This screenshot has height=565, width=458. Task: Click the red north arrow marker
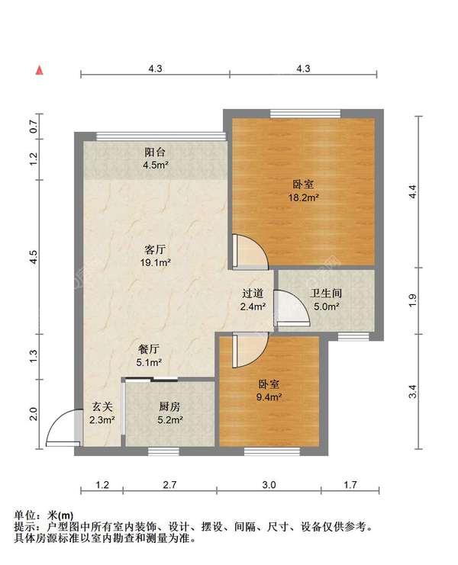tap(39, 70)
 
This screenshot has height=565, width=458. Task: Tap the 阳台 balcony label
tap(155, 152)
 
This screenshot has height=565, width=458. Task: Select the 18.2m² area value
tap(303, 197)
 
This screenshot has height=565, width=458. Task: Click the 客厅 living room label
tap(155, 249)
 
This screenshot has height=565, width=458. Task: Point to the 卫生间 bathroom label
tap(326, 294)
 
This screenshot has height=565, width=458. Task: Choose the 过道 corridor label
tap(253, 294)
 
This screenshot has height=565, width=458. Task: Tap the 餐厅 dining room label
tap(149, 348)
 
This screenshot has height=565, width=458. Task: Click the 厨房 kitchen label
tap(169, 406)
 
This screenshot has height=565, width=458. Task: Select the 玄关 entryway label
tap(102, 406)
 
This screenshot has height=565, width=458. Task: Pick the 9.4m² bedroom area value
tap(269, 397)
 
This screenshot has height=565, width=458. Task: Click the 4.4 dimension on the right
tap(413, 191)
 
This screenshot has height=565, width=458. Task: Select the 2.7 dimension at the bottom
tap(169, 485)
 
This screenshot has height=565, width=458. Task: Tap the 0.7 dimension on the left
tap(34, 127)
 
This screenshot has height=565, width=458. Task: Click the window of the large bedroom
tap(305, 113)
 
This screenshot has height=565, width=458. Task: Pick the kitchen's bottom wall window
tap(163, 451)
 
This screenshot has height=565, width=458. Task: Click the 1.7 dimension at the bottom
tap(350, 485)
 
